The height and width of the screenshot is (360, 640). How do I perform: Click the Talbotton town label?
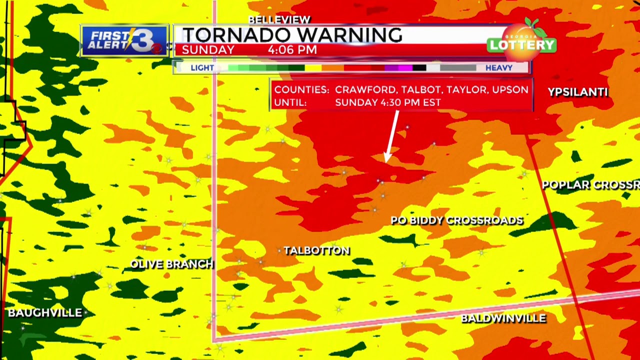pos(316,250)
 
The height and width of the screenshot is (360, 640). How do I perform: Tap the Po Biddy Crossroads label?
pos(456,220)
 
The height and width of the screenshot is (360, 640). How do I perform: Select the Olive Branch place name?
pos(171,264)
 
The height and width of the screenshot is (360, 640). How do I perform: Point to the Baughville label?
pos(45,313)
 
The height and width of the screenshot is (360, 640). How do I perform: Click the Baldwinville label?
pos(503,318)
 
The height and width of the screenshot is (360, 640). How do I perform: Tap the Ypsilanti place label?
pos(577,92)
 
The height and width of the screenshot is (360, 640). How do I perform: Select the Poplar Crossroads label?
pos(590,185)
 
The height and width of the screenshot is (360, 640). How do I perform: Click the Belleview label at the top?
pos(279,19)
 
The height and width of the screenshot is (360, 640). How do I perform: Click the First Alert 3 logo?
pos(125,40)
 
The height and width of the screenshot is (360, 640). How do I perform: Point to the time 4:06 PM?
pos(292,50)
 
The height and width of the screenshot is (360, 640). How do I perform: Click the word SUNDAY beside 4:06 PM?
pos(208,50)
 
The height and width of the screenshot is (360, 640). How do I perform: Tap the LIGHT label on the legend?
pos(202,68)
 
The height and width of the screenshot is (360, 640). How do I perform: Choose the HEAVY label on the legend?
pos(498,68)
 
